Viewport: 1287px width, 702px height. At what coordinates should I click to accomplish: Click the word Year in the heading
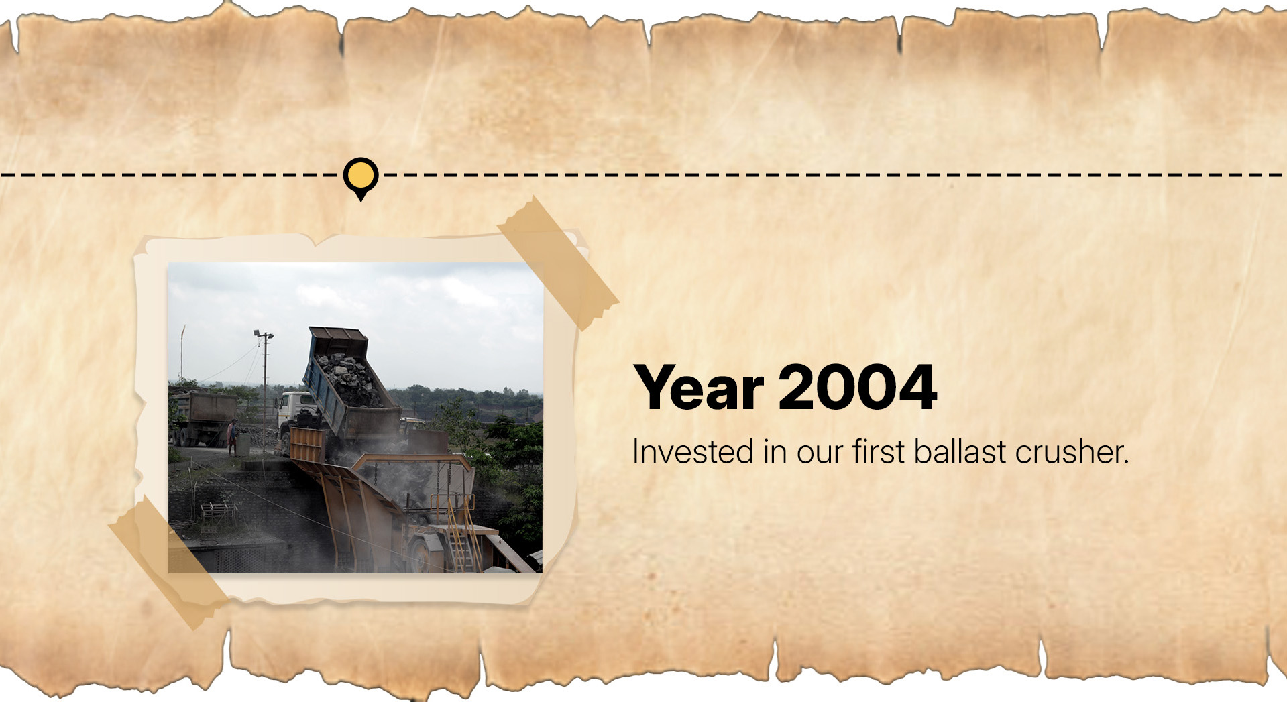pos(699,387)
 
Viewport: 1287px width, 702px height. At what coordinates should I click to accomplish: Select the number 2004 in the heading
pos(858,387)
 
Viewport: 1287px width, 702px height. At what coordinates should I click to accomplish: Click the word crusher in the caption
pos(1072,451)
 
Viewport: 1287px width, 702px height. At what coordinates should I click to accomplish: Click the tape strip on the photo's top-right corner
pos(558,263)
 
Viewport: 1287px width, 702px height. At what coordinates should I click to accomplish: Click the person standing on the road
pos(232,436)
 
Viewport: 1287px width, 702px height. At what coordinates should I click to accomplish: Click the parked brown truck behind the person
pos(201,417)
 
